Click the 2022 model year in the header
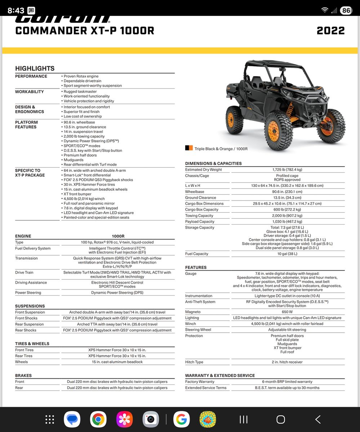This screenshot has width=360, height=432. pyautogui.click(x=330, y=31)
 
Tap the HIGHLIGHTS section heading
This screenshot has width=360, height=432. pyautogui.click(x=35, y=68)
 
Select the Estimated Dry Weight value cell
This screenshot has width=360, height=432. pyautogui.click(x=287, y=170)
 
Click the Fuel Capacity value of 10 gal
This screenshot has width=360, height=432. pyautogui.click(x=287, y=254)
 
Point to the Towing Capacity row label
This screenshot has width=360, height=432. pyautogui.click(x=199, y=216)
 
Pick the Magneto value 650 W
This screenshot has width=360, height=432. pyautogui.click(x=287, y=312)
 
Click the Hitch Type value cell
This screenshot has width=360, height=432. pyautogui.click(x=287, y=362)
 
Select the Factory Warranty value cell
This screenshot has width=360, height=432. pyautogui.click(x=287, y=382)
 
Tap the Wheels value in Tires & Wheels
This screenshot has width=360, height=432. pyautogui.click(x=117, y=362)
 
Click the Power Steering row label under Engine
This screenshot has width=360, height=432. pyautogui.click(x=28, y=293)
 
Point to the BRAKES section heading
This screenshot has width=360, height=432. pyautogui.click(x=23, y=375)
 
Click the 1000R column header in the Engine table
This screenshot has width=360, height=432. pyautogui.click(x=118, y=236)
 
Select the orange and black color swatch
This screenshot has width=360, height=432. pyautogui.click(x=189, y=148)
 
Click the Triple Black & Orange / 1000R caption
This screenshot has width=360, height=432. pyautogui.click(x=221, y=149)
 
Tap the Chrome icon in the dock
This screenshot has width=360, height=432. pyautogui.click(x=98, y=419)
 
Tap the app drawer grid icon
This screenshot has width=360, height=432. pyautogui.click(x=50, y=419)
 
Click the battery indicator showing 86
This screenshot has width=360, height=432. pyautogui.click(x=346, y=10)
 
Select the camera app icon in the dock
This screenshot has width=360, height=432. pyautogui.click(x=151, y=419)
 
